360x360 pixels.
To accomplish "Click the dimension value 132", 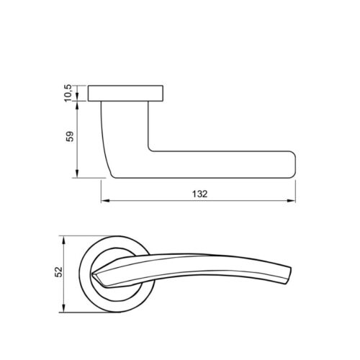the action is point(199,194).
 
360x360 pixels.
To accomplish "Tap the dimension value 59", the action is point(70,136).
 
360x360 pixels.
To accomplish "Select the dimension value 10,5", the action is point(68,93).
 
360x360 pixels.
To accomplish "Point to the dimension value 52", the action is point(58,272).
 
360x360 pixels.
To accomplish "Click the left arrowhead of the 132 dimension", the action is point(105,201).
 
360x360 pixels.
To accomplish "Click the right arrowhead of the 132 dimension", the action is point(292,201).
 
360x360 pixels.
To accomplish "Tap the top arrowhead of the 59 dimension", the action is point(77,105).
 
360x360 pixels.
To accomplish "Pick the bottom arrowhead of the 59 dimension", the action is point(77,174).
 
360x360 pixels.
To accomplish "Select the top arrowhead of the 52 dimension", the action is point(63,240).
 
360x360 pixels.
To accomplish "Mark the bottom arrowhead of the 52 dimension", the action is point(63,308).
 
